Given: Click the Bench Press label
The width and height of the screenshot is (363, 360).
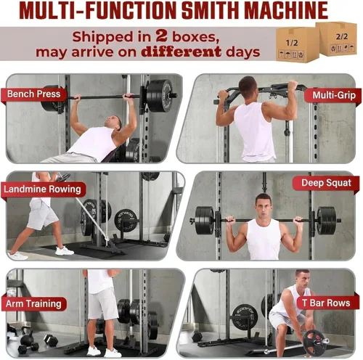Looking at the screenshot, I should click(x=33, y=94).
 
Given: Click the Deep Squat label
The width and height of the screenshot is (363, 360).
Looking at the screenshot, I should click(x=325, y=184).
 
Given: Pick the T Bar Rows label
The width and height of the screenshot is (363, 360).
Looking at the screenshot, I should click(x=327, y=303).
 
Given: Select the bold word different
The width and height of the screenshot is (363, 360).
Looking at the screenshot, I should click(x=194, y=53).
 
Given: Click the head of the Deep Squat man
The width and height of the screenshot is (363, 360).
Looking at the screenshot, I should click(x=264, y=204).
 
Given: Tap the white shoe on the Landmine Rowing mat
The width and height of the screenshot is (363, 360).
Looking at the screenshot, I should click(x=65, y=250).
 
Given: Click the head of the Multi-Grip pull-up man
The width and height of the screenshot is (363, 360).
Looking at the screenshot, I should click(x=248, y=86).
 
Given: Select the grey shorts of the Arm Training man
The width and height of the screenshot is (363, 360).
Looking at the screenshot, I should click(x=103, y=303).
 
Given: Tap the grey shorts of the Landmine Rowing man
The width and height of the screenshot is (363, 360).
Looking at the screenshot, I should click(x=42, y=214).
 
